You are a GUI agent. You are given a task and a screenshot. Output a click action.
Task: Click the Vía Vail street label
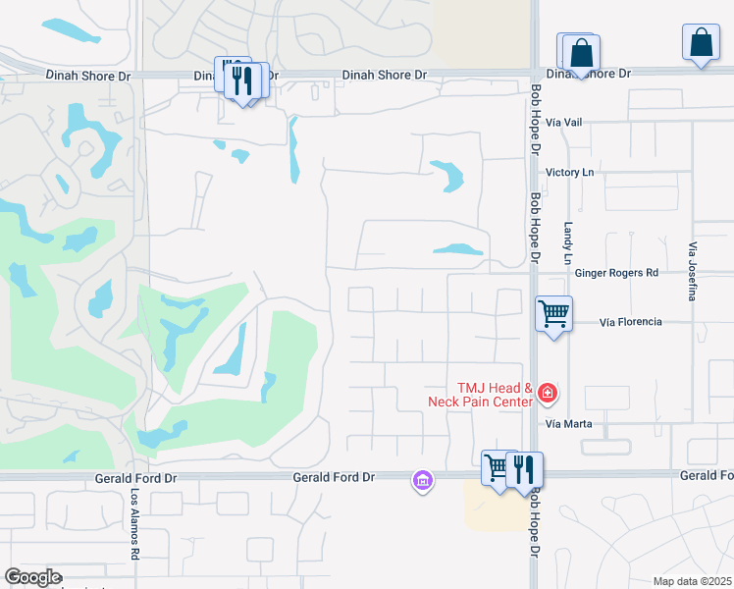coord(565,122)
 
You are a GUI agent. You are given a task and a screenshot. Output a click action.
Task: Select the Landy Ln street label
coord(568,242)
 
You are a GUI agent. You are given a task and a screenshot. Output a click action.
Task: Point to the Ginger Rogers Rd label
coord(616,273)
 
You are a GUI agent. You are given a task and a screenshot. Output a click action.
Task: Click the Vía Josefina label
coord(693,270)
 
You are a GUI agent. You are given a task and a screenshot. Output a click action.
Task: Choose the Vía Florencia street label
coord(630,322)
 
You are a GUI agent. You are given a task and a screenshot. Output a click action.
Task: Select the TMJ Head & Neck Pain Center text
coord(481,395)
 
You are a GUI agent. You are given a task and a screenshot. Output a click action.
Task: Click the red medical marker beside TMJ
coord(548,395)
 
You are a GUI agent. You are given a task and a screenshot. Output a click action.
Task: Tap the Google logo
coord(32,577)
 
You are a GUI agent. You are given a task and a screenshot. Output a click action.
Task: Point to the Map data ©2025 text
coord(692,581)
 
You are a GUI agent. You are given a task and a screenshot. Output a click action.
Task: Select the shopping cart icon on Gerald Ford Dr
coord(498,468)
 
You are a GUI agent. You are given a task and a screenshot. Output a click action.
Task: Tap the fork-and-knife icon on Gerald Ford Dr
coord(525,469)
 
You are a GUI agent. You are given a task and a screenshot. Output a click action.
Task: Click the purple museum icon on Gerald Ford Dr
coord(422,480)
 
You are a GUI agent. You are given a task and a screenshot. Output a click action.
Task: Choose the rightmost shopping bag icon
coord(701,42)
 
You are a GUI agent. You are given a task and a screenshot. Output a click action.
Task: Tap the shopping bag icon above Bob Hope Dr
coord(581,52)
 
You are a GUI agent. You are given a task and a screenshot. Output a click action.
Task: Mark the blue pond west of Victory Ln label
coord(450,174)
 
